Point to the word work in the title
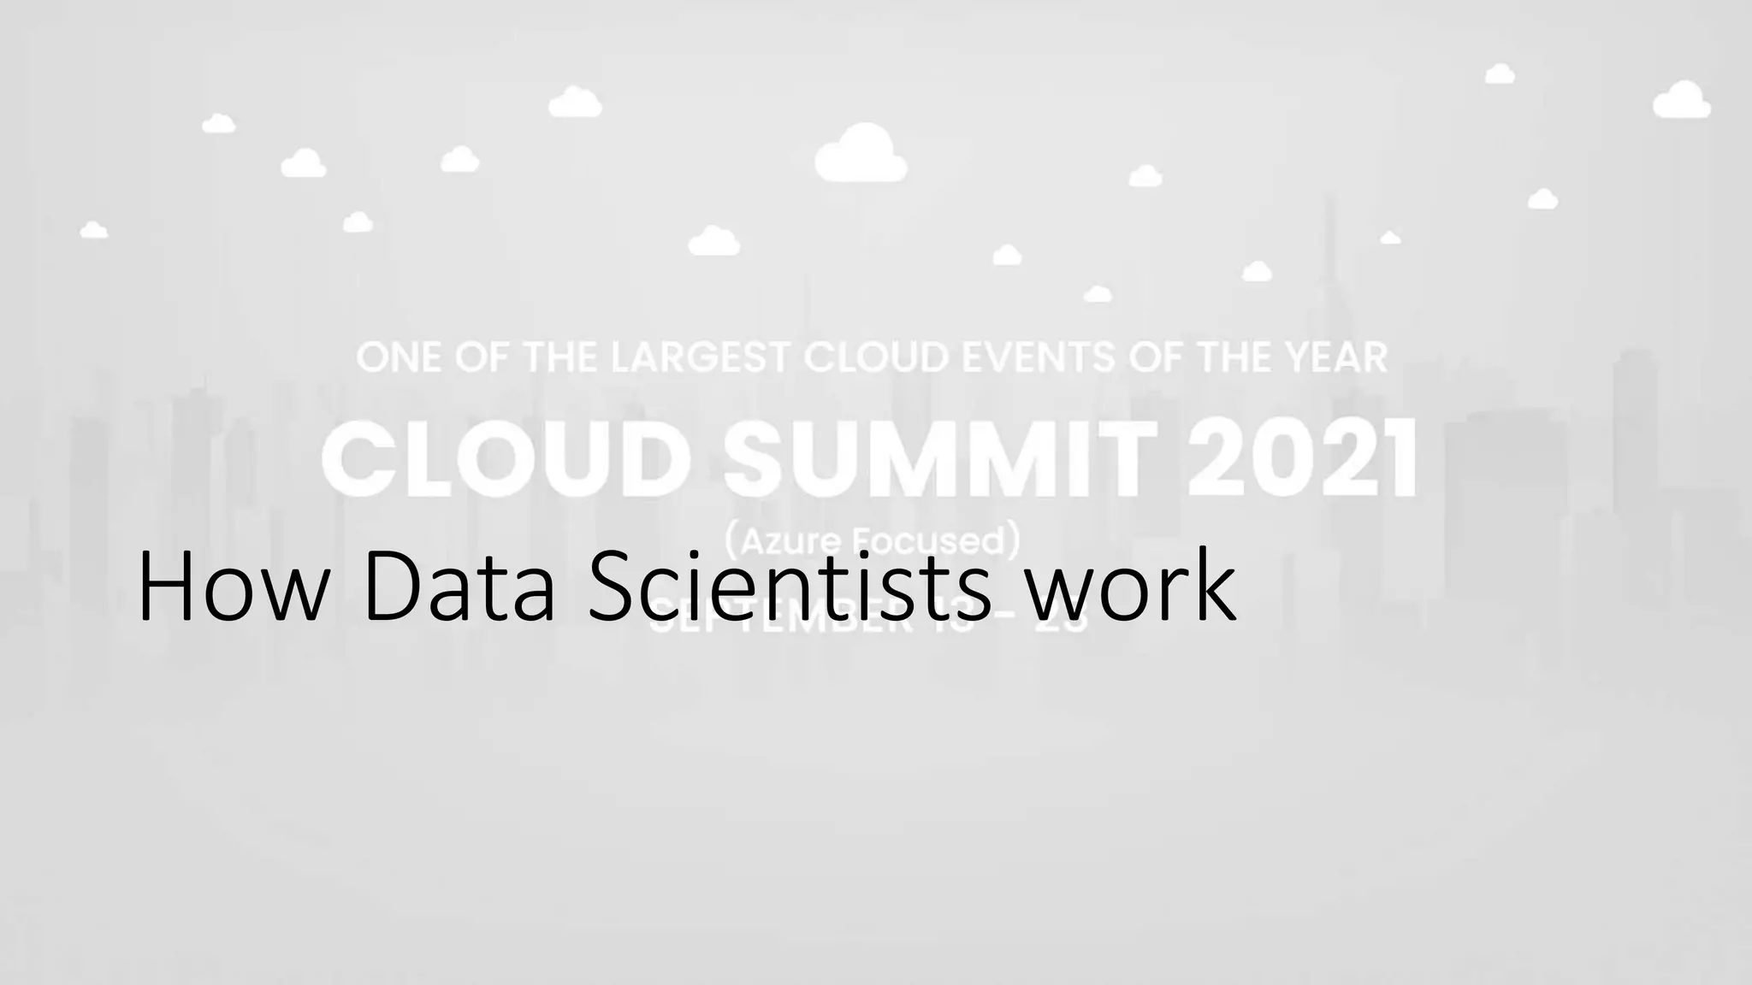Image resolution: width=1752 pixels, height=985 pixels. tap(1131, 587)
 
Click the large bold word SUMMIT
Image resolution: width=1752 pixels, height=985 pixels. tap(940, 459)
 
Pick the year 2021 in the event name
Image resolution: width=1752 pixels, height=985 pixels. tap(1301, 459)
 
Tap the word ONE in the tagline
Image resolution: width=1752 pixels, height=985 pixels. tap(397, 358)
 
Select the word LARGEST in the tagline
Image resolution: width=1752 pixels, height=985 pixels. tap(700, 358)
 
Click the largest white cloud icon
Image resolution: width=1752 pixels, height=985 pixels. tap(861, 155)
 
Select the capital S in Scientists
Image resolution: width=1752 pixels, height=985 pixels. tap(611, 587)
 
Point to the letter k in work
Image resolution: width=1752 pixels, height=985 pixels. tap(1216, 587)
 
